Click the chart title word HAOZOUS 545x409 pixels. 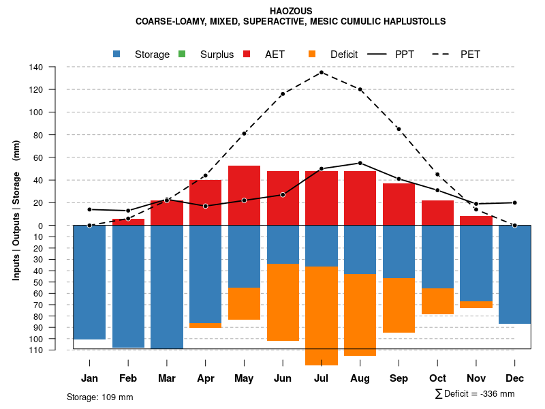291,11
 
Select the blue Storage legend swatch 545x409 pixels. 118,54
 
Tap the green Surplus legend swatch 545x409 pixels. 182,54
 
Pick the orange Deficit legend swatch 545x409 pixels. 312,54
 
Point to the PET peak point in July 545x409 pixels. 322,72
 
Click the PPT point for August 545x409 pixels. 360,163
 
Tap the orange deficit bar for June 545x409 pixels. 283,302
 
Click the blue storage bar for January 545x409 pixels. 89,282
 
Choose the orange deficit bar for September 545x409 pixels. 399,305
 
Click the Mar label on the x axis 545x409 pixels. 167,378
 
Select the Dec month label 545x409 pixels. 514,378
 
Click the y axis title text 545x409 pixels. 16,215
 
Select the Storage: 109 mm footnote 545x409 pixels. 99,397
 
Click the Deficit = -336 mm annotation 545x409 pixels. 474,394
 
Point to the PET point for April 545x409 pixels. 205,175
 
